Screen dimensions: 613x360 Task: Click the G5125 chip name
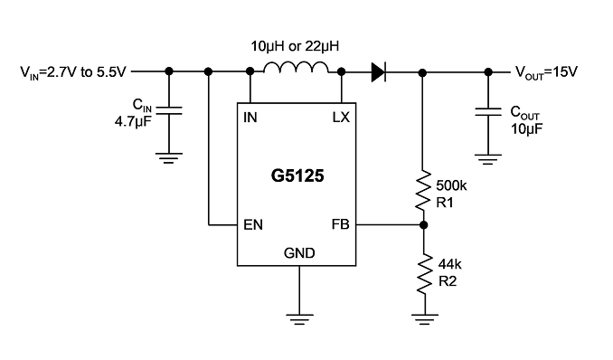tap(297, 175)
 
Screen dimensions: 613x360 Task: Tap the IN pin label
tap(250, 118)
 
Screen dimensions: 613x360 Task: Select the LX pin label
tap(341, 118)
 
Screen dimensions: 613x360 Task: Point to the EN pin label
tap(253, 225)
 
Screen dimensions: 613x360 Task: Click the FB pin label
tap(340, 224)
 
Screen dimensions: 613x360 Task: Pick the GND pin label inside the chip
tap(299, 253)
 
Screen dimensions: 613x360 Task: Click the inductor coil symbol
tap(296, 68)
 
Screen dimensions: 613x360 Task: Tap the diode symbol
tap(379, 72)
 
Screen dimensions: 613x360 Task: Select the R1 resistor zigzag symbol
tap(423, 190)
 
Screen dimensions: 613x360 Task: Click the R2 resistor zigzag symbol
tap(425, 274)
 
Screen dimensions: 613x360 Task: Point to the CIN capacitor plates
tap(169, 110)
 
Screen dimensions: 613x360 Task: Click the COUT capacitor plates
tap(488, 112)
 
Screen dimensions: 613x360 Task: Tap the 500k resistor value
tap(451, 185)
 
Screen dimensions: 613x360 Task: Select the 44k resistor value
tap(449, 264)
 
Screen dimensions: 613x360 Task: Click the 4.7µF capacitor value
tap(133, 122)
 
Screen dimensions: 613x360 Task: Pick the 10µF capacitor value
tap(526, 128)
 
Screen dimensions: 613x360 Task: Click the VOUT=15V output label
tap(546, 72)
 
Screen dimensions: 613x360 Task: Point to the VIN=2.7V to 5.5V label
tap(73, 72)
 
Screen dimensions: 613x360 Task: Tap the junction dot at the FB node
tap(423, 225)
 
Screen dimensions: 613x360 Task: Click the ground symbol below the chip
tap(299, 319)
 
